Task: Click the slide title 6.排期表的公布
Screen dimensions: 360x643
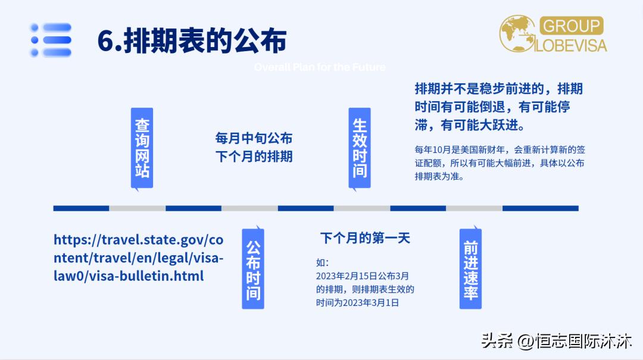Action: (192, 40)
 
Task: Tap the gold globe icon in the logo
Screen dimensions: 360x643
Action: (517, 33)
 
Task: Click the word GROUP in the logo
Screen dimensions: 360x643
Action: (570, 26)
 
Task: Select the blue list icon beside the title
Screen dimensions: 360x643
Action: (51, 40)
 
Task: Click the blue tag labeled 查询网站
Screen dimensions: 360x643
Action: (142, 148)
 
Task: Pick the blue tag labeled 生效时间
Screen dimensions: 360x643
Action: (360, 148)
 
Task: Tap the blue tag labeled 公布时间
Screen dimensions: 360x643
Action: (253, 268)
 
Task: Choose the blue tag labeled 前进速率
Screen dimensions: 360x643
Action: (470, 268)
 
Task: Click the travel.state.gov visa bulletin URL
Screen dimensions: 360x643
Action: (138, 258)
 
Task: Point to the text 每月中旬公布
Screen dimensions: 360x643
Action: (254, 139)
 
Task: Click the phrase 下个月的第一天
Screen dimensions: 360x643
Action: (365, 239)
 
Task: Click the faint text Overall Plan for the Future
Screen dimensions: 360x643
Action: (320, 67)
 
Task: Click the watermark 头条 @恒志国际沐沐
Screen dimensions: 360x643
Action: (556, 342)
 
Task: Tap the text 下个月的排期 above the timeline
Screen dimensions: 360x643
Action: (254, 158)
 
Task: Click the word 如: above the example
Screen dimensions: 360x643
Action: (322, 263)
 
